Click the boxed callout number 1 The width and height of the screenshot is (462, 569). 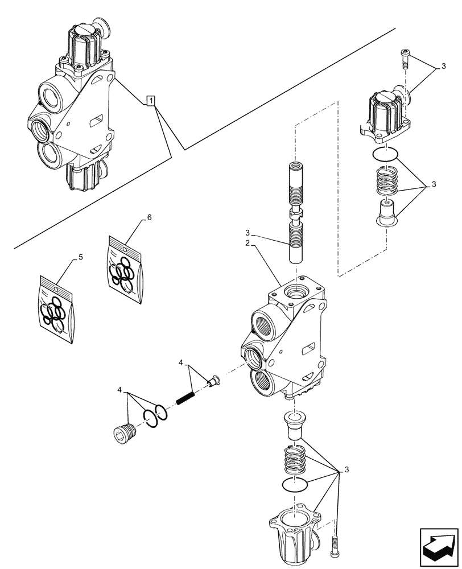pos(150,101)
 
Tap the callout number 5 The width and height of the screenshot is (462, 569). pos(80,257)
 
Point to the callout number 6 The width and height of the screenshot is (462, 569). pos(149,218)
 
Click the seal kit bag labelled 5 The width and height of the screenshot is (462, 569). pos(57,310)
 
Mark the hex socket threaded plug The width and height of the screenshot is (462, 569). pos(124,435)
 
